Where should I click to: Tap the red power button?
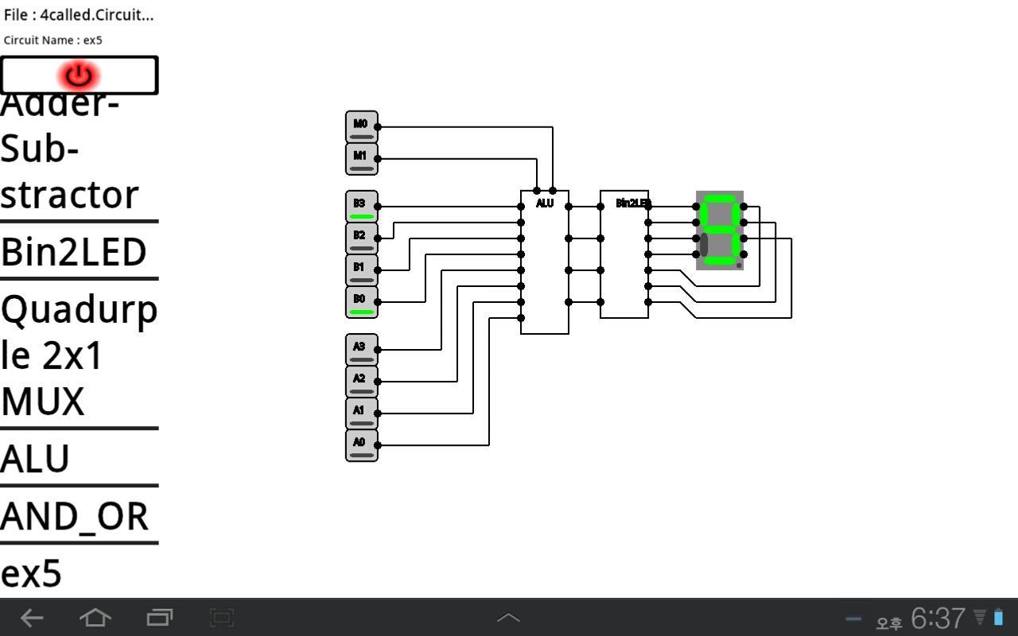click(79, 76)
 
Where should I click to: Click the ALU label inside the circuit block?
click(545, 204)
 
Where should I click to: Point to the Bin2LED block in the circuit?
click(624, 254)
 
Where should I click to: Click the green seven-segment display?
click(720, 231)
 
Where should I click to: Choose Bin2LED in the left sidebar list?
click(74, 252)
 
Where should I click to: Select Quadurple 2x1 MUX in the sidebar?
click(79, 355)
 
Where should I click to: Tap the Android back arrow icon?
click(32, 617)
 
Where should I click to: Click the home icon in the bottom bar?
click(95, 617)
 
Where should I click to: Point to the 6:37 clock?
click(938, 618)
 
